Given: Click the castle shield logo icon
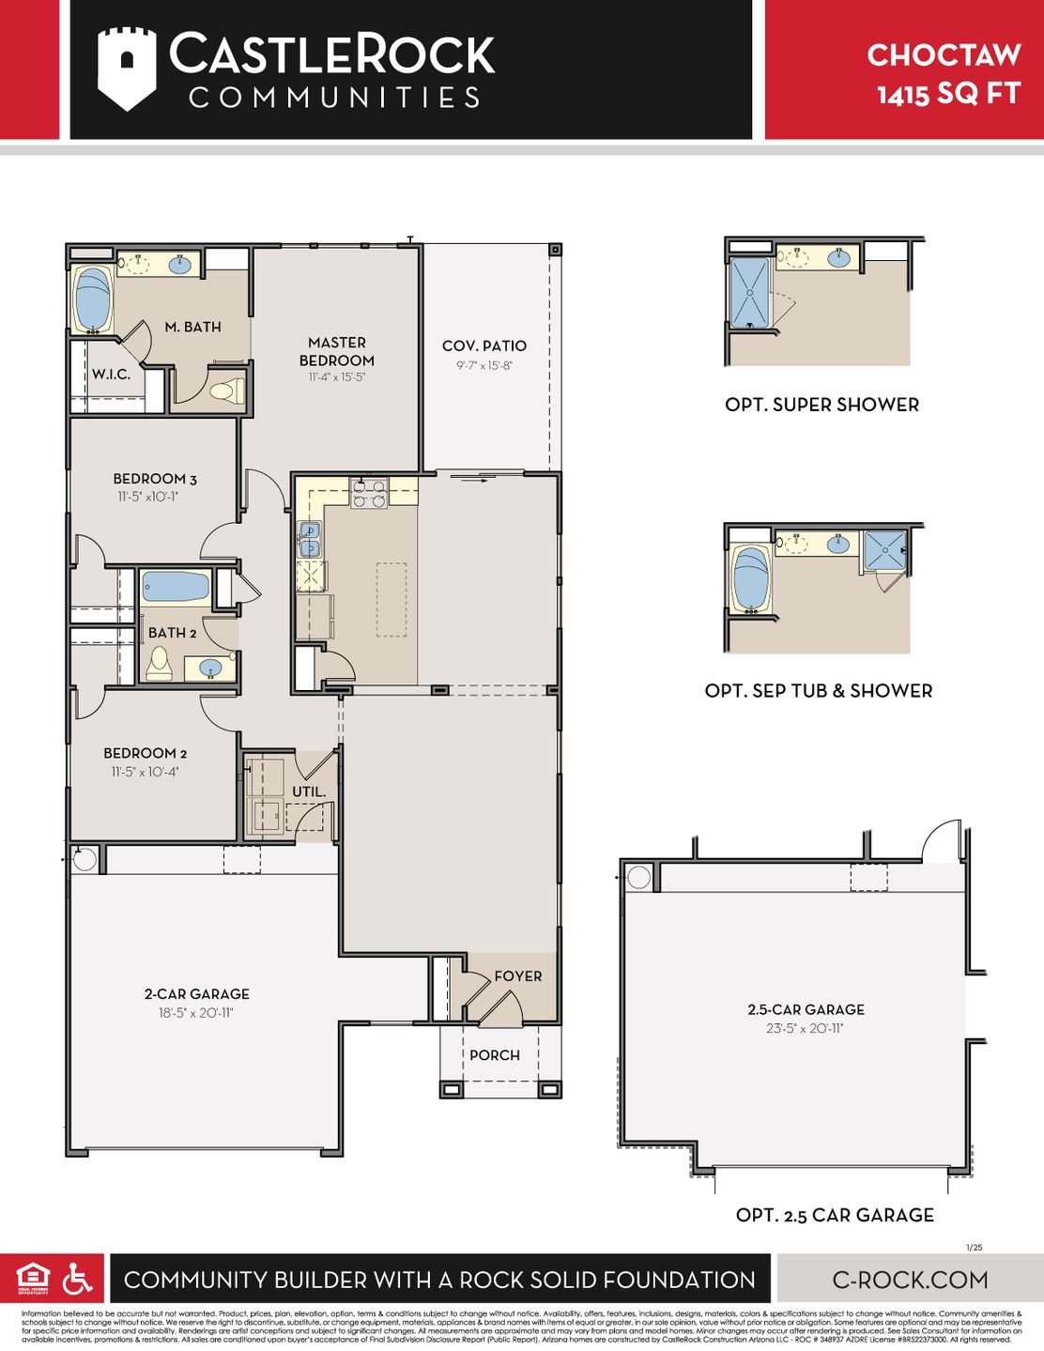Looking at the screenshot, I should point(127,69).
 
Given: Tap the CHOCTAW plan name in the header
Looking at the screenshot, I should point(943,55).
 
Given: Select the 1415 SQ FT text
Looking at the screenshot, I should point(948,94).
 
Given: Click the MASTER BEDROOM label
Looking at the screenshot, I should point(336,351).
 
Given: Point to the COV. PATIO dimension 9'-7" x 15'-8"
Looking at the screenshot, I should point(484,366).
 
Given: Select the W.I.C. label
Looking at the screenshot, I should point(111,375).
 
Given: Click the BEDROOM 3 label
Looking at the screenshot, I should point(155,479).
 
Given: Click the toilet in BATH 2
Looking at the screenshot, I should point(159,664).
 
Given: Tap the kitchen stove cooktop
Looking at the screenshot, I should point(369,493).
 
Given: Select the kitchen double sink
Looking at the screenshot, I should point(309,540).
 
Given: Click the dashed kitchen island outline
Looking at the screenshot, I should point(391,599).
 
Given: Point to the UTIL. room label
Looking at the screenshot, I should point(309,791).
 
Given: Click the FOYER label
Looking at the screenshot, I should point(517,976).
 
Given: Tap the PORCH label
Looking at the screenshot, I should point(494,1055).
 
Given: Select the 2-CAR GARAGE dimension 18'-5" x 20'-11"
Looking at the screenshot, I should point(196,1013).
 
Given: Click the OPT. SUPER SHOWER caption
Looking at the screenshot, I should point(821,405).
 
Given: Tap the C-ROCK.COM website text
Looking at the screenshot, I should point(910,1280).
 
